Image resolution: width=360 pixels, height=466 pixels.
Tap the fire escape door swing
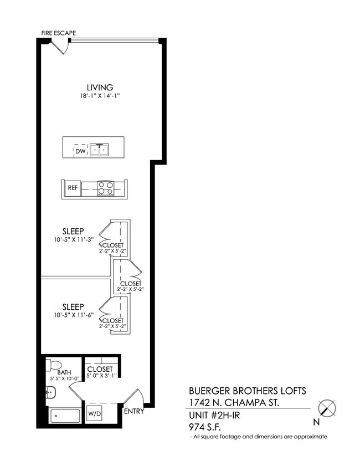tap(60, 47)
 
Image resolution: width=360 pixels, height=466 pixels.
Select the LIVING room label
tap(100, 87)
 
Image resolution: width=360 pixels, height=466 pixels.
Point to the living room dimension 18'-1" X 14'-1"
tap(100, 96)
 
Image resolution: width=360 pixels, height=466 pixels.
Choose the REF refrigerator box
tap(73, 188)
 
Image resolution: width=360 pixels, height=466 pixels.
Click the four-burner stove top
tap(105, 188)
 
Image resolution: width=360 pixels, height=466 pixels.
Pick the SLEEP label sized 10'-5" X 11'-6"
tap(73, 306)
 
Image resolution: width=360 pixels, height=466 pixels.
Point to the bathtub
tap(65, 416)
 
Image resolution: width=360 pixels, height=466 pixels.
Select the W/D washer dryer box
tap(94, 413)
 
